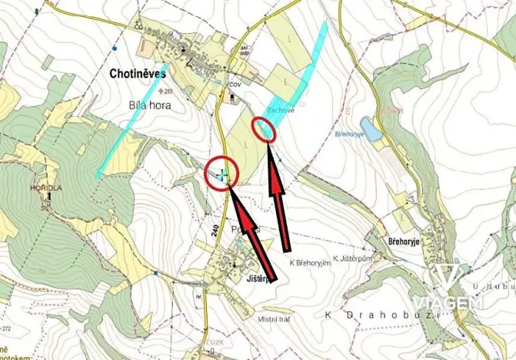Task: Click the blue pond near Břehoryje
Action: point(371,129)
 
